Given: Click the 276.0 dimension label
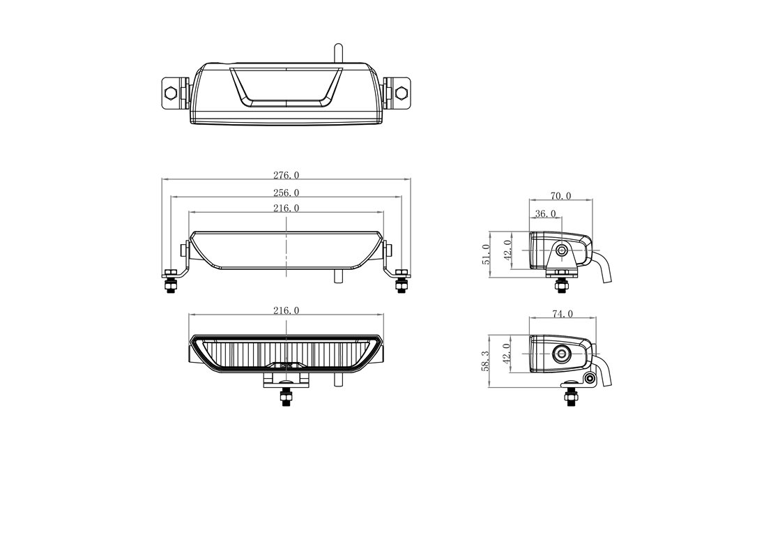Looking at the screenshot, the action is pos(286,175).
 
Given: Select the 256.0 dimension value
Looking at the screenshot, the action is pos(286,193).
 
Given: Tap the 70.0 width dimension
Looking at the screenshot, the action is pos(561,196).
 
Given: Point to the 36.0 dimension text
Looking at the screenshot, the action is pos(545,213).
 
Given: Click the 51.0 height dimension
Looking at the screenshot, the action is pos(486,255).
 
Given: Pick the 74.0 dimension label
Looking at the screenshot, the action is pos(563,314).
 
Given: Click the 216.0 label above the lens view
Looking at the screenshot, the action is pos(286,310).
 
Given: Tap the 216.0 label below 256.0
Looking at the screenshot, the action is pos(286,209).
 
